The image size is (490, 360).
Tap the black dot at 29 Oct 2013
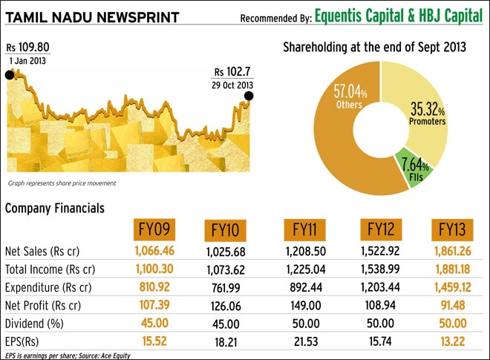(x=248, y=96)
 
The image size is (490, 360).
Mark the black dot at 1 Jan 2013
(x=10, y=75)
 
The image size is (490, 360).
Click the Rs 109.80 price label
(x=28, y=48)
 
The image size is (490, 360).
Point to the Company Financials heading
(x=54, y=209)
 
